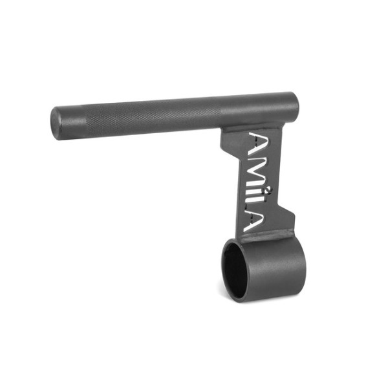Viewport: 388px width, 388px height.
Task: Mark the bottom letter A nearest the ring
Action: [x=256, y=223]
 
